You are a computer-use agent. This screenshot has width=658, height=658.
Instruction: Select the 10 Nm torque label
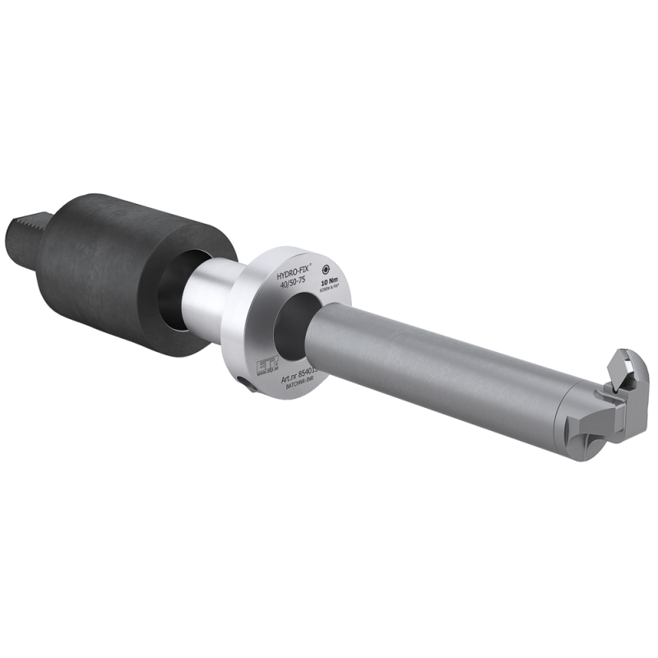click(x=331, y=280)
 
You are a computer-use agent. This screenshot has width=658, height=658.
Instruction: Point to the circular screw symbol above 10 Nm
click(x=327, y=268)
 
